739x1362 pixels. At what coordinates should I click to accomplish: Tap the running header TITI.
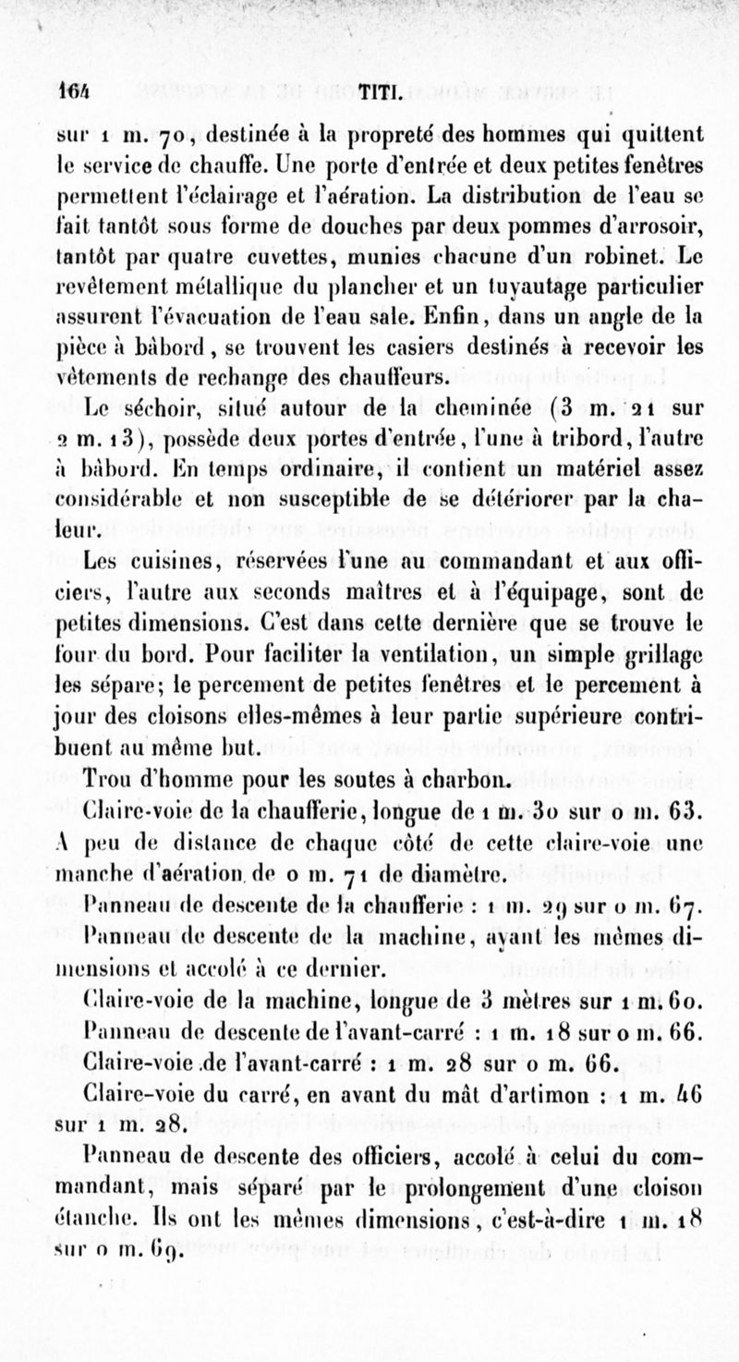tap(378, 91)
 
